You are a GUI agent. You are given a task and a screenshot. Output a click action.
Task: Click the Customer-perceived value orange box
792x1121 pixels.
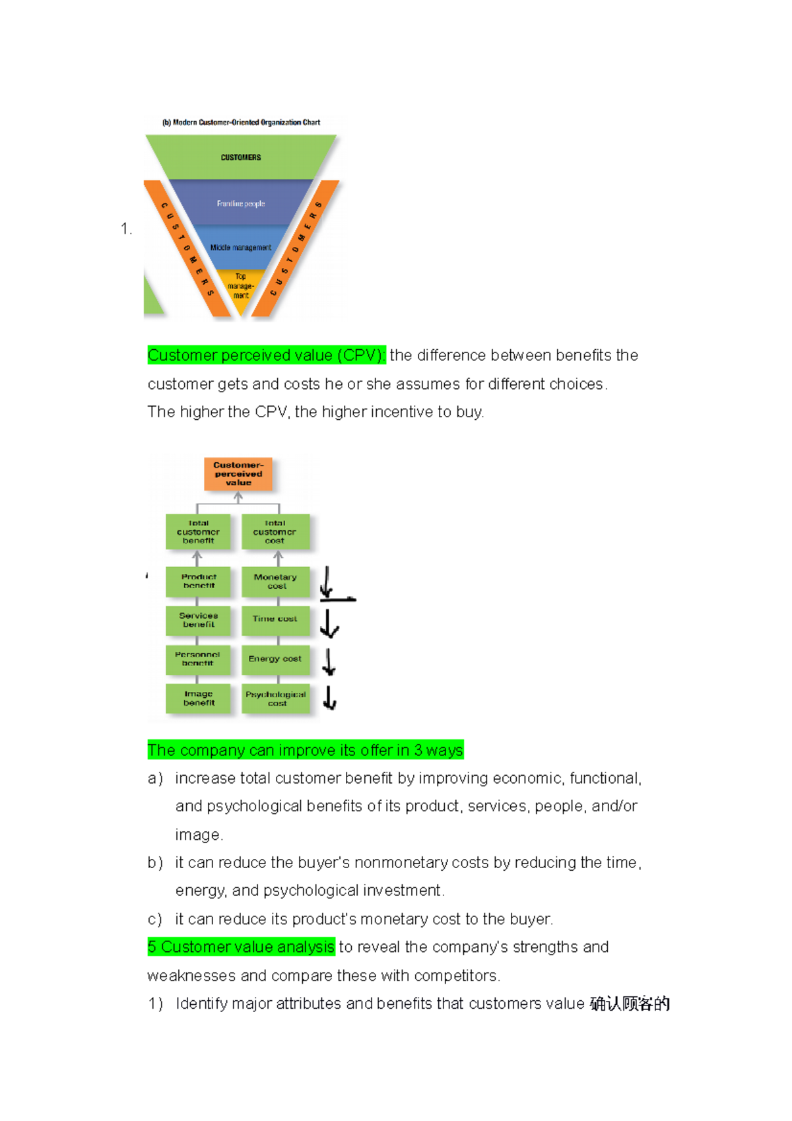point(238,474)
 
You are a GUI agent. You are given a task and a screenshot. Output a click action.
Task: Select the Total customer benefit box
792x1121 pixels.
point(198,531)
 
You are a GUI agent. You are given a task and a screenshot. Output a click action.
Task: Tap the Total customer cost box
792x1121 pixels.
point(275,531)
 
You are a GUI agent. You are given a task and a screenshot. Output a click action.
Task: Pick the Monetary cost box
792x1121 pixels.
point(275,581)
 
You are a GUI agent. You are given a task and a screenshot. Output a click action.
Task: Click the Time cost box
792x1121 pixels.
point(275,619)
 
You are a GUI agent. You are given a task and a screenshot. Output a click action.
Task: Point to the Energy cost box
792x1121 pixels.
point(275,659)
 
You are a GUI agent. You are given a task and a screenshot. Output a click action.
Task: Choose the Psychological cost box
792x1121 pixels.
point(275,698)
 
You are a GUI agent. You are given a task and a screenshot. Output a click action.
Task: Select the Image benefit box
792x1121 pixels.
point(198,698)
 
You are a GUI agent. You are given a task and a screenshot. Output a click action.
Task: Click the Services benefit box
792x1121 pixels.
point(198,619)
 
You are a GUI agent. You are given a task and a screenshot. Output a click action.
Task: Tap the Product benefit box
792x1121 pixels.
point(198,581)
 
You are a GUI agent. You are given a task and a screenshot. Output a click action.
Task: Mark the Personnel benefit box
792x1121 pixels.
point(198,659)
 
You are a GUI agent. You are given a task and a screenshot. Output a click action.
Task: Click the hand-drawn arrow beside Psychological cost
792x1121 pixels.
point(330,697)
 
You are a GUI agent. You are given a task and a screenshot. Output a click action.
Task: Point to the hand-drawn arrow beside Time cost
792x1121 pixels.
point(329,623)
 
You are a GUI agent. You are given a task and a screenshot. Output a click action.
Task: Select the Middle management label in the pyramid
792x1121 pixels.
point(241,248)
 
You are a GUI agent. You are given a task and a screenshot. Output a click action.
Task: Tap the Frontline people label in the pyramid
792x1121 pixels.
point(241,203)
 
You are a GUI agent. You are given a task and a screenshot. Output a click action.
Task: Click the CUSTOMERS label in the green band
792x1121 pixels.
point(241,157)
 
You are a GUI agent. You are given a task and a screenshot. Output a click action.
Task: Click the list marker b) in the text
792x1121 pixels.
point(155,863)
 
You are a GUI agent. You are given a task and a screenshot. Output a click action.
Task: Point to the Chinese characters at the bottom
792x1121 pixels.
point(630,1004)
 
